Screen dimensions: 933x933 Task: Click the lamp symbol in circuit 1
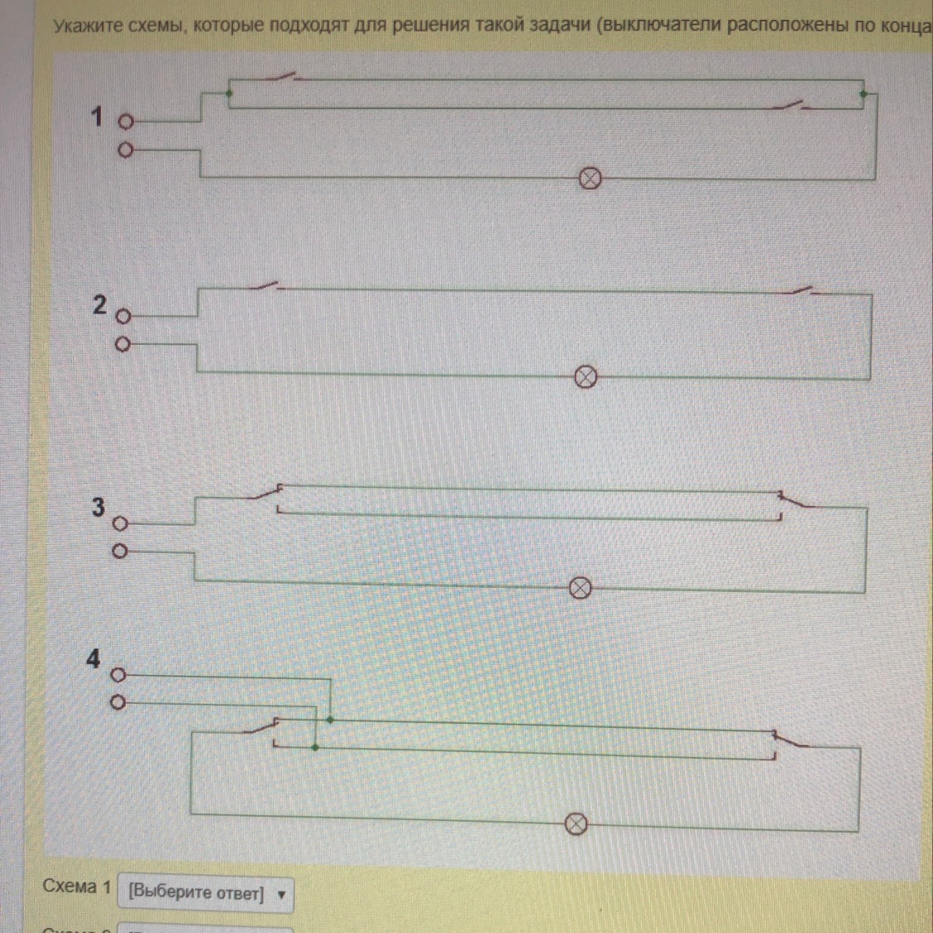click(589, 178)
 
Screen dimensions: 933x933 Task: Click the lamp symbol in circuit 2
click(586, 377)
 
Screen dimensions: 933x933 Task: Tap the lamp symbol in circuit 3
click(581, 588)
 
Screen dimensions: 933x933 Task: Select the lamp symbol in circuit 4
click(576, 824)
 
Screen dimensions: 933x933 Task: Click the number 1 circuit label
click(97, 118)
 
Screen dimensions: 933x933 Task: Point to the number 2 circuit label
click(100, 305)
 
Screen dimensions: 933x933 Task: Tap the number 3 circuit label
click(98, 507)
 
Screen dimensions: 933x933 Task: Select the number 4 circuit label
click(93, 659)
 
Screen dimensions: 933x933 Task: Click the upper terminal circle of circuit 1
click(125, 122)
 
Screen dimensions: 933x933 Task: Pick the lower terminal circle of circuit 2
click(122, 344)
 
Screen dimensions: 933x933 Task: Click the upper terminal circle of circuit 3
click(120, 524)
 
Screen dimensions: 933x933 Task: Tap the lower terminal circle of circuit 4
click(118, 704)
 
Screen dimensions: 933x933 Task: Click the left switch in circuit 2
click(266, 287)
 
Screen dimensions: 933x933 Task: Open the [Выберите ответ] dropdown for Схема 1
click(206, 894)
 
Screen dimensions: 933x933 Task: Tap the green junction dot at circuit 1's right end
click(863, 95)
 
